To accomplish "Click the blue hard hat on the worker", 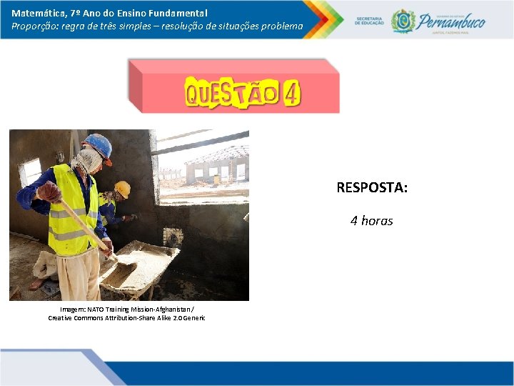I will pyautogui.click(x=99, y=145).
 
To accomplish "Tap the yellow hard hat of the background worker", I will pyautogui.click(x=123, y=189).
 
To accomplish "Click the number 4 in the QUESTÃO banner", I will pyautogui.click(x=291, y=94).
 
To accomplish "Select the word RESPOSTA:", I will pyautogui.click(x=372, y=188).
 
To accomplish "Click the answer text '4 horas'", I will pyautogui.click(x=371, y=221).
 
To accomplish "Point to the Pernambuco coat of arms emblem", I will pyautogui.click(x=403, y=21).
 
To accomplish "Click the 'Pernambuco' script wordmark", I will pyautogui.click(x=452, y=21).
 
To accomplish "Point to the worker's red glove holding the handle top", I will pyautogui.click(x=49, y=192).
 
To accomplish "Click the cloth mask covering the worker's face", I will pyautogui.click(x=86, y=160).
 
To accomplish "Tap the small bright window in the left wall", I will pyautogui.click(x=31, y=171).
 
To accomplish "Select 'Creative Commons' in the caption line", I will pyautogui.click(x=74, y=317).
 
